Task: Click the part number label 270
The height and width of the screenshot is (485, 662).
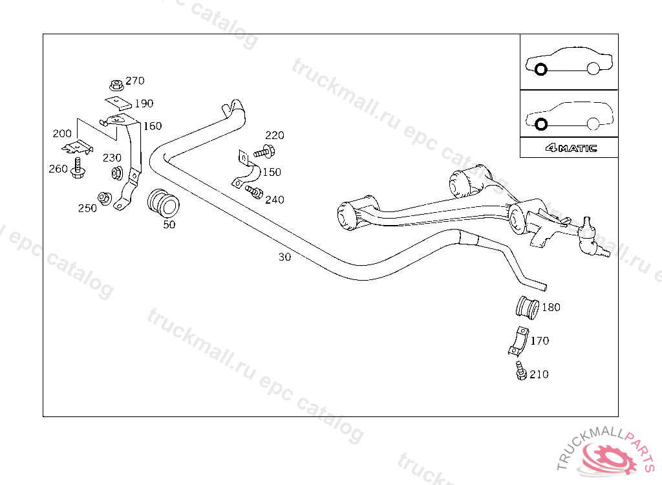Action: click(135, 81)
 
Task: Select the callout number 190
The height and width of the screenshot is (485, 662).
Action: click(144, 103)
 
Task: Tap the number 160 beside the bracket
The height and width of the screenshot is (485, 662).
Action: click(153, 126)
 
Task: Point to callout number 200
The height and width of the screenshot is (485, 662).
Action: click(62, 134)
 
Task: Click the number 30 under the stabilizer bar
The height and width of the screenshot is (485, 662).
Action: click(284, 257)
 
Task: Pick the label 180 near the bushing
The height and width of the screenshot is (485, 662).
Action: click(551, 308)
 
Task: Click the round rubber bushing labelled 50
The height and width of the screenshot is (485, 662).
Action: click(162, 202)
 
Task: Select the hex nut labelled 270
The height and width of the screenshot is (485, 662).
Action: click(116, 84)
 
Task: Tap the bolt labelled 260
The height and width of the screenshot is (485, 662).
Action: click(78, 167)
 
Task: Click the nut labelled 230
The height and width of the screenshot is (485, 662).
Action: click(118, 173)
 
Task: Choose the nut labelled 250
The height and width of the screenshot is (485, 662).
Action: click(103, 197)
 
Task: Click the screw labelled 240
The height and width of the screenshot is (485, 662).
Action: click(255, 192)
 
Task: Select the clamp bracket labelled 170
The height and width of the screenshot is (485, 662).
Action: click(517, 343)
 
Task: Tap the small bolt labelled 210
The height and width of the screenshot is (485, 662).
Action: click(520, 372)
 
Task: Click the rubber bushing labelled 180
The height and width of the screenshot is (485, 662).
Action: click(528, 307)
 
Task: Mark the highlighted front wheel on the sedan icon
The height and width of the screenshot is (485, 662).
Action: click(541, 69)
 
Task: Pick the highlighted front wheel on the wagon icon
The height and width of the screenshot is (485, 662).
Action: click(541, 124)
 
